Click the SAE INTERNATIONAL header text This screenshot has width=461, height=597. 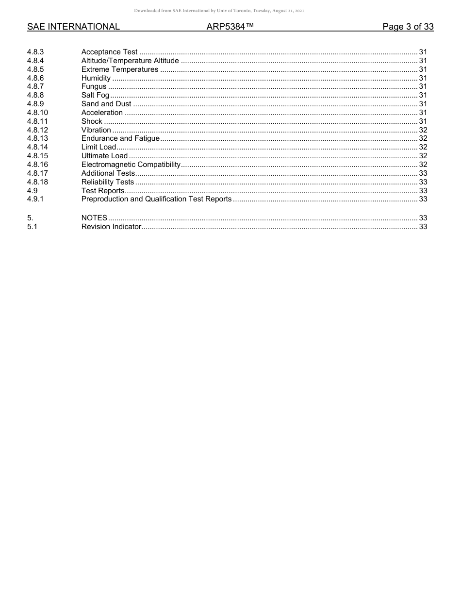tap(73, 27)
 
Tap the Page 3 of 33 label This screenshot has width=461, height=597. tap(408, 27)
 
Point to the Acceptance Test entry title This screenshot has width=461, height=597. tap(109, 52)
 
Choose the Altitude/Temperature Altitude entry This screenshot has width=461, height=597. tap(130, 61)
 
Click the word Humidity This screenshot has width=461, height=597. tap(96, 78)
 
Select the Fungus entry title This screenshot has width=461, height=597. tap(94, 86)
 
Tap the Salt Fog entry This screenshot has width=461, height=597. tap(95, 95)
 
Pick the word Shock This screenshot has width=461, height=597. tap(92, 121)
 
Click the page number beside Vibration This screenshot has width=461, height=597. tap(423, 130)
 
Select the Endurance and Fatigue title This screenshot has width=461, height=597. tap(120, 138)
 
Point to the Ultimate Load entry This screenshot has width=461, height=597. tap(104, 156)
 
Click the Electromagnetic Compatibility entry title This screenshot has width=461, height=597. tap(131, 165)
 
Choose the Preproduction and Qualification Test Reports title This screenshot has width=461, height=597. tap(156, 199)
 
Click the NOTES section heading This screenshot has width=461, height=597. tap(94, 218)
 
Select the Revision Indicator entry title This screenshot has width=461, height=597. tap(111, 227)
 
